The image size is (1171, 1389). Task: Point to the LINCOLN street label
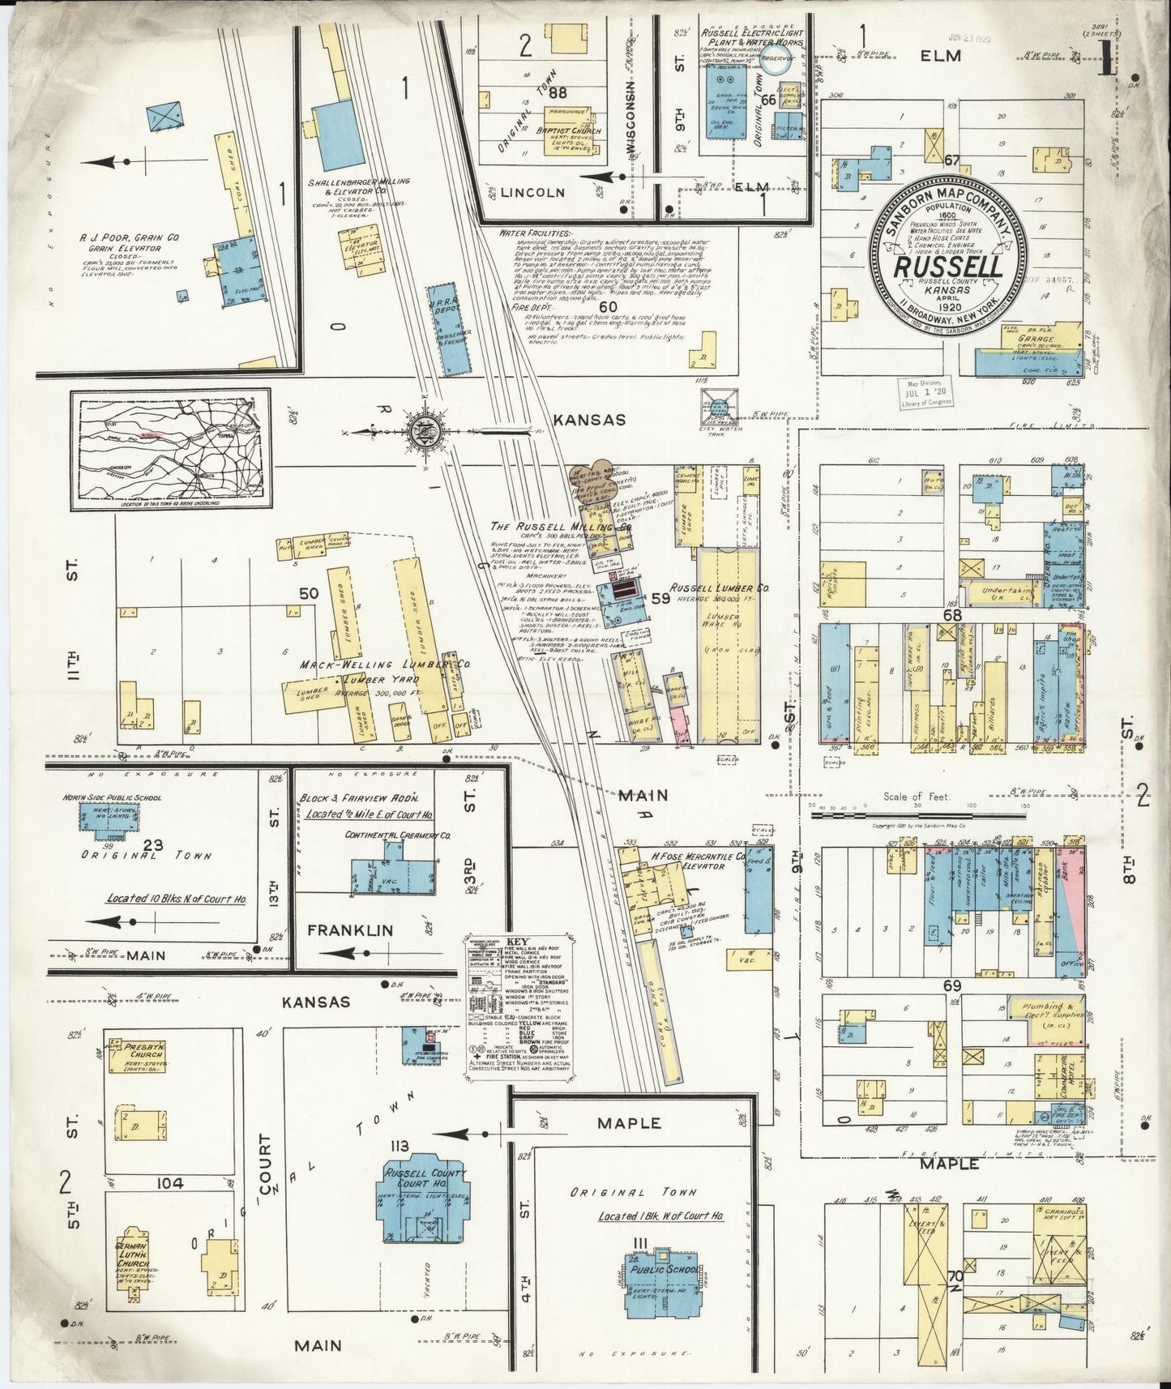(531, 193)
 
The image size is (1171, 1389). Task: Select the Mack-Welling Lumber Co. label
(386, 665)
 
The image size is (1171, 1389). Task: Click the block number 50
(308, 594)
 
